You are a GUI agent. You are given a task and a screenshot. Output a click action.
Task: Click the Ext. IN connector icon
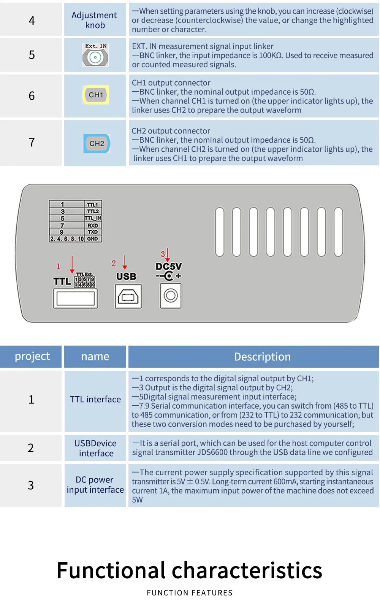tap(95, 55)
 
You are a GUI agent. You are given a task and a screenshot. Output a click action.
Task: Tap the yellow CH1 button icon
tap(96, 95)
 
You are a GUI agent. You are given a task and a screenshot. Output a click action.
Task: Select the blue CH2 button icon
tap(97, 143)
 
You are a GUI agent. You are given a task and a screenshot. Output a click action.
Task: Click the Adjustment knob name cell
tap(95, 20)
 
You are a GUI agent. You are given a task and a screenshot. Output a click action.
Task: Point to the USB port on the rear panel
tap(128, 296)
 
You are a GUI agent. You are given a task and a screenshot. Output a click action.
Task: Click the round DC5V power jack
tap(171, 295)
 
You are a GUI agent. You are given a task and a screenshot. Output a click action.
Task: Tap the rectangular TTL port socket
tap(75, 298)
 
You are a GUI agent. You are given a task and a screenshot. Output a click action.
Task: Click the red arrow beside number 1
tap(72, 265)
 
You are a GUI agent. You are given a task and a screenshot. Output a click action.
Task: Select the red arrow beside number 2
tap(125, 262)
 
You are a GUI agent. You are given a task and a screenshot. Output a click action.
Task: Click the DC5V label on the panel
tap(169, 266)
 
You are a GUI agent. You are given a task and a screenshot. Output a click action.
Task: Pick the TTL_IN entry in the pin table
tap(93, 218)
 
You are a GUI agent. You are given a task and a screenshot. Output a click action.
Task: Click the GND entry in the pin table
tap(93, 239)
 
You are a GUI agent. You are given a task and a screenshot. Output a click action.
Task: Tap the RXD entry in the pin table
tap(93, 225)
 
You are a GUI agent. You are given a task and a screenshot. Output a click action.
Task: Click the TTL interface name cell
tap(95, 399)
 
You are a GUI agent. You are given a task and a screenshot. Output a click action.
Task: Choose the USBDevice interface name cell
tap(95, 448)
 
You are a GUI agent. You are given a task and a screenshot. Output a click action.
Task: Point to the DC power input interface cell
tap(95, 485)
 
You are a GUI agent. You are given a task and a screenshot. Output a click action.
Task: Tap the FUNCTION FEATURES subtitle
tap(190, 593)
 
